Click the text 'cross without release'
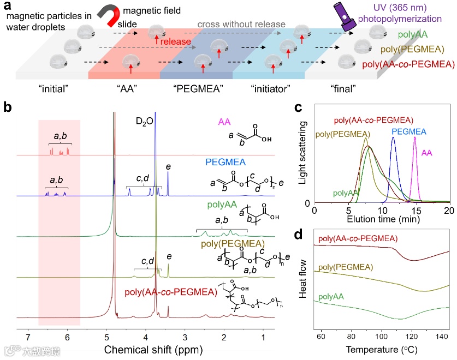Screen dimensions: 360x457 pyautogui.click(x=241, y=24)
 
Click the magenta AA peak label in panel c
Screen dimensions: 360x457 pyautogui.click(x=428, y=153)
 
